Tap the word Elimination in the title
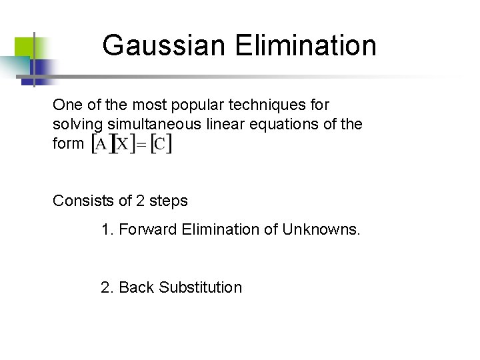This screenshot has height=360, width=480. point(305,46)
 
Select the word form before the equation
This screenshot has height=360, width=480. point(69,143)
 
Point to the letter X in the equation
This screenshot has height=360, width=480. point(123,144)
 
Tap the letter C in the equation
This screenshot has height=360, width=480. point(161,144)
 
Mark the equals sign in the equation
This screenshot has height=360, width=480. point(141,145)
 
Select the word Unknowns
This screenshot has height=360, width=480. point(321,230)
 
